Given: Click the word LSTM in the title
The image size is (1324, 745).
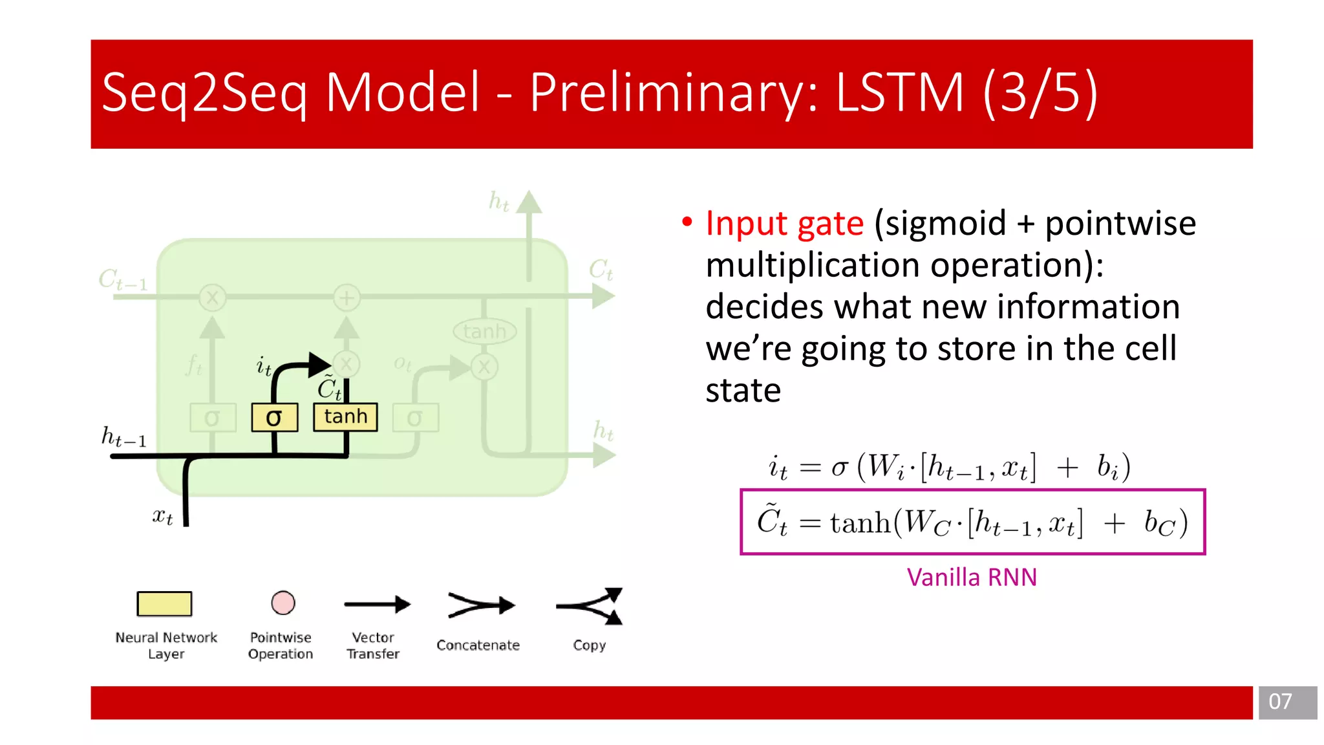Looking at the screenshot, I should click(900, 92).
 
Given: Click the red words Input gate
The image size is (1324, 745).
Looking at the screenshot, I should click(784, 224).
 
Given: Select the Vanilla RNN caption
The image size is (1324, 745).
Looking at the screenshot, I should click(972, 577).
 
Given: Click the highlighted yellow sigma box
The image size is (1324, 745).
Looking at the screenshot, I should click(274, 417).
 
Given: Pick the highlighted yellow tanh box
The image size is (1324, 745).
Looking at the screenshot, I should click(345, 416).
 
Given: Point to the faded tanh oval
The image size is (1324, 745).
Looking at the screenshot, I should click(484, 332).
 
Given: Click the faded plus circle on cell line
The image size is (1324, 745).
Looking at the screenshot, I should click(347, 298).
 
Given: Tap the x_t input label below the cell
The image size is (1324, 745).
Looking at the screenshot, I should click(162, 516).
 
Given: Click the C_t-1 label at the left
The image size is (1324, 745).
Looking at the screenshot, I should click(123, 279).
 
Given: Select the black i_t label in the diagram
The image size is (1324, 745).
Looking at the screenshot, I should click(263, 367).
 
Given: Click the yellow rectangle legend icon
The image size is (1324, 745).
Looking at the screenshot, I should click(164, 603).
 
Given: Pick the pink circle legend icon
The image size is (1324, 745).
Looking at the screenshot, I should click(283, 603).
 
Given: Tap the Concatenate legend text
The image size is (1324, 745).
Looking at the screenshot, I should click(478, 645).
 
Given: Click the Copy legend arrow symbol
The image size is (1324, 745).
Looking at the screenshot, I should click(590, 606).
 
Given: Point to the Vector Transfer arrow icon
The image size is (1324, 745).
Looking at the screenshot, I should click(377, 605).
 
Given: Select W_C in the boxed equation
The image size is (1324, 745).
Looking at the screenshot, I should click(926, 523).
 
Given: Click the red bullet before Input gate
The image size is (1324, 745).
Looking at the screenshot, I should click(687, 222).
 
